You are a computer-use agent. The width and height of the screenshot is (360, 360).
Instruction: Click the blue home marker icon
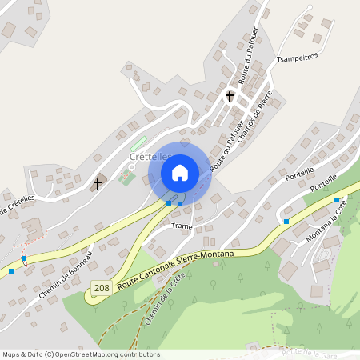pyautogui.click(x=180, y=172)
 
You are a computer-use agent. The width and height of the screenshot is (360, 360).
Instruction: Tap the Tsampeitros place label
pyautogui.click(x=297, y=58)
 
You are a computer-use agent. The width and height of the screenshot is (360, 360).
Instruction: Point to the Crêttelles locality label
pyautogui.click(x=150, y=158)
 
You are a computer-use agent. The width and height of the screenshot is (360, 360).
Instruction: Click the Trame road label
pyautogui.click(x=182, y=227)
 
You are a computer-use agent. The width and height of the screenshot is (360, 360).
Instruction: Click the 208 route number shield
pyautogui.click(x=101, y=287)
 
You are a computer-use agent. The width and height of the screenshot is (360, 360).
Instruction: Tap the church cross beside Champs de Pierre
pyautogui.click(x=230, y=97)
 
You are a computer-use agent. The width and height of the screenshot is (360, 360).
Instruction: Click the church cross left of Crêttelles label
pyautogui.click(x=98, y=183)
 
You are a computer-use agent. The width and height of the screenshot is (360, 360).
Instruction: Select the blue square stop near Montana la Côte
pyautogui.click(x=286, y=221)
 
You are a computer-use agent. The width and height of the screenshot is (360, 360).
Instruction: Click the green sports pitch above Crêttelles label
pyautogui.click(x=139, y=144)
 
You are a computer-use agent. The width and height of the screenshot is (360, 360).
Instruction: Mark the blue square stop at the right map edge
pyautogui.click(x=337, y=200)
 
